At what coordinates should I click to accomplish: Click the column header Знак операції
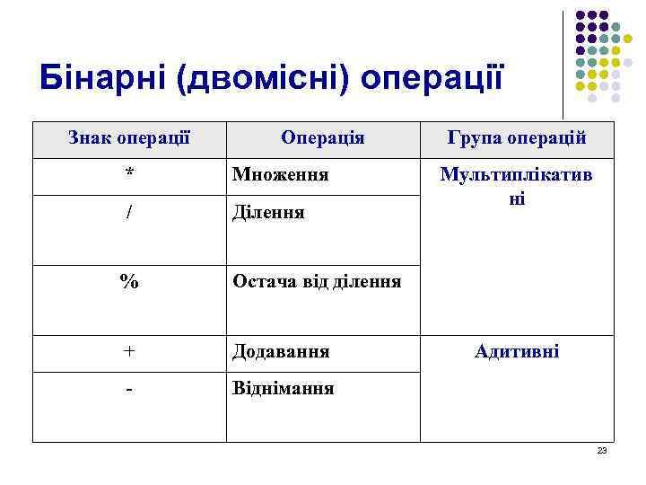point(129,138)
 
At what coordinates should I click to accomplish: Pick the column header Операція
point(322,138)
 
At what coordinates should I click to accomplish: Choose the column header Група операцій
point(516,138)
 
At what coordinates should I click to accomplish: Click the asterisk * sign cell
point(129,174)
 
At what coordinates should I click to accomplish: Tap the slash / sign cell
point(129,213)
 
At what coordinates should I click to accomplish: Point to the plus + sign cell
point(129,351)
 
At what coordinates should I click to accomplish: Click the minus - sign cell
point(129,389)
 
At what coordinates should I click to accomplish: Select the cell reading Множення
point(280,174)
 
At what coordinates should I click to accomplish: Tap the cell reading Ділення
point(268,213)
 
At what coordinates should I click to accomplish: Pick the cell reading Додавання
point(281,351)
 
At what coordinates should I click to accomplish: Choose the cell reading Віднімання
point(283,389)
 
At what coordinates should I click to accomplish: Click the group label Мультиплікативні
point(516,186)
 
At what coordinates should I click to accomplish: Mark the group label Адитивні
point(516,351)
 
